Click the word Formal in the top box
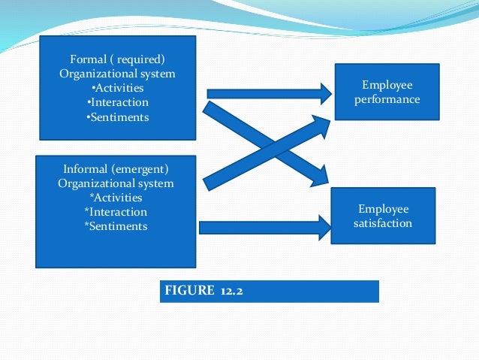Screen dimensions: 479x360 coord(88,59)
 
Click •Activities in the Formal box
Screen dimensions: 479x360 coord(116,88)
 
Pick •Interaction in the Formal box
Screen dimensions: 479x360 coord(117,102)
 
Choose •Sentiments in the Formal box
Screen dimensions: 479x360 coord(117,116)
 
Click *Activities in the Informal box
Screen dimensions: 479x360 coord(116,198)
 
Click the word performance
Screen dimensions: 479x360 coord(387,99)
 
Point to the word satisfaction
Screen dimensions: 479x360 coord(384,223)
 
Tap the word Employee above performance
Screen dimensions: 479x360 coord(387,85)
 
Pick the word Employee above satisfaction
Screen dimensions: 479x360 coord(384,209)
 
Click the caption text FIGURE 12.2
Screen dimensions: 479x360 coord(200,290)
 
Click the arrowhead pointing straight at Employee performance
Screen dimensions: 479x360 coord(324,93)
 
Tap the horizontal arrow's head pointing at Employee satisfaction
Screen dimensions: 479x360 coord(324,227)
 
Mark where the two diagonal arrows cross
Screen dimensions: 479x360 coord(267,144)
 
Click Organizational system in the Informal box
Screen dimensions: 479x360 coord(116,183)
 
